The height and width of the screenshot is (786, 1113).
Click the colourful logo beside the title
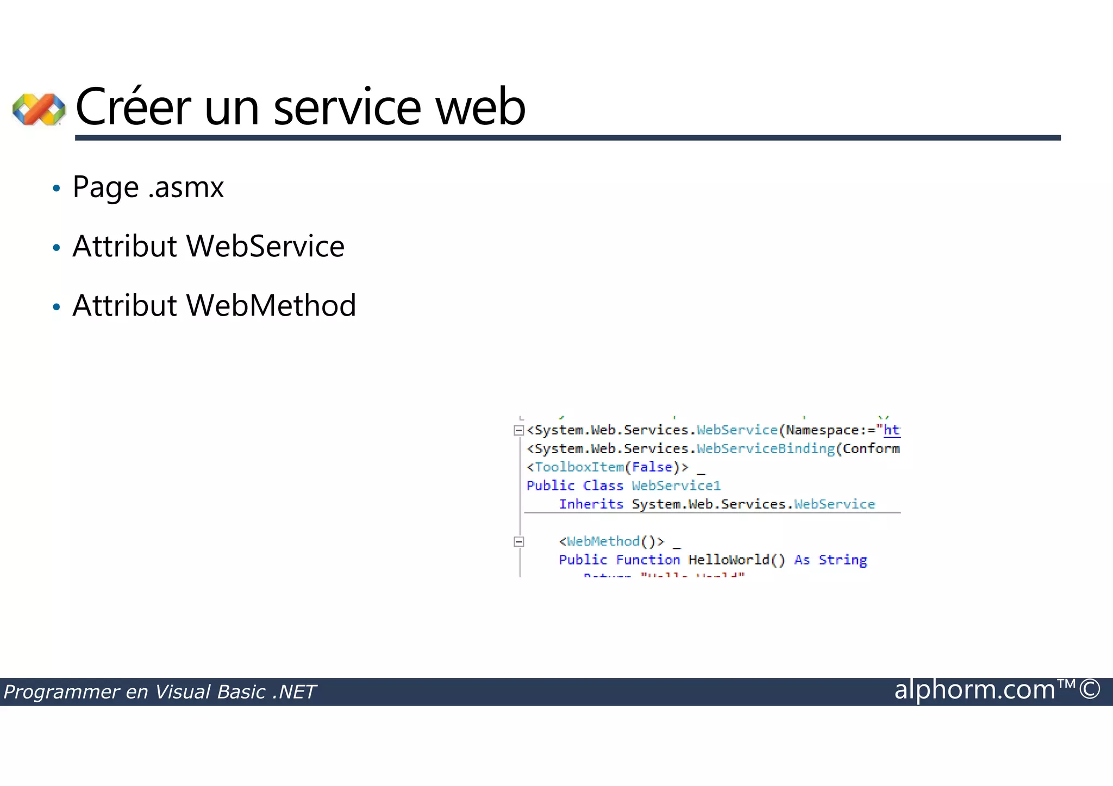(39, 109)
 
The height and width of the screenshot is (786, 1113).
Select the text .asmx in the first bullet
(186, 187)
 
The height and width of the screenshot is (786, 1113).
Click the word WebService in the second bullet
(265, 246)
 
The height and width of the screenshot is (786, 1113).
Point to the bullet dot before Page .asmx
(57, 189)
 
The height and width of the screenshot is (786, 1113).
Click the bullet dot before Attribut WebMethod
(57, 307)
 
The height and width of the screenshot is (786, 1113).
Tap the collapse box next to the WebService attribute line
(518, 431)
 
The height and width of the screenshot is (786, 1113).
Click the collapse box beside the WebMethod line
(518, 542)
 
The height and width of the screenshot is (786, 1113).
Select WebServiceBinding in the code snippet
(765, 449)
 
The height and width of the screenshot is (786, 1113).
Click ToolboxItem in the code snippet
(579, 467)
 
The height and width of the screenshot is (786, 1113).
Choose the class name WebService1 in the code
(676, 486)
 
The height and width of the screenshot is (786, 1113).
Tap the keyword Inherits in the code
(591, 504)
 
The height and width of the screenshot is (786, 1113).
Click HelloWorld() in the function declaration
(736, 560)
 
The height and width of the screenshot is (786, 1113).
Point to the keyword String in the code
(842, 560)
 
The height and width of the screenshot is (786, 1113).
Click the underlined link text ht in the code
(891, 430)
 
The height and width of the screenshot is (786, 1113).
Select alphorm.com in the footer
(974, 690)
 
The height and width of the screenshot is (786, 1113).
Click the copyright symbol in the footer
(1090, 690)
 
